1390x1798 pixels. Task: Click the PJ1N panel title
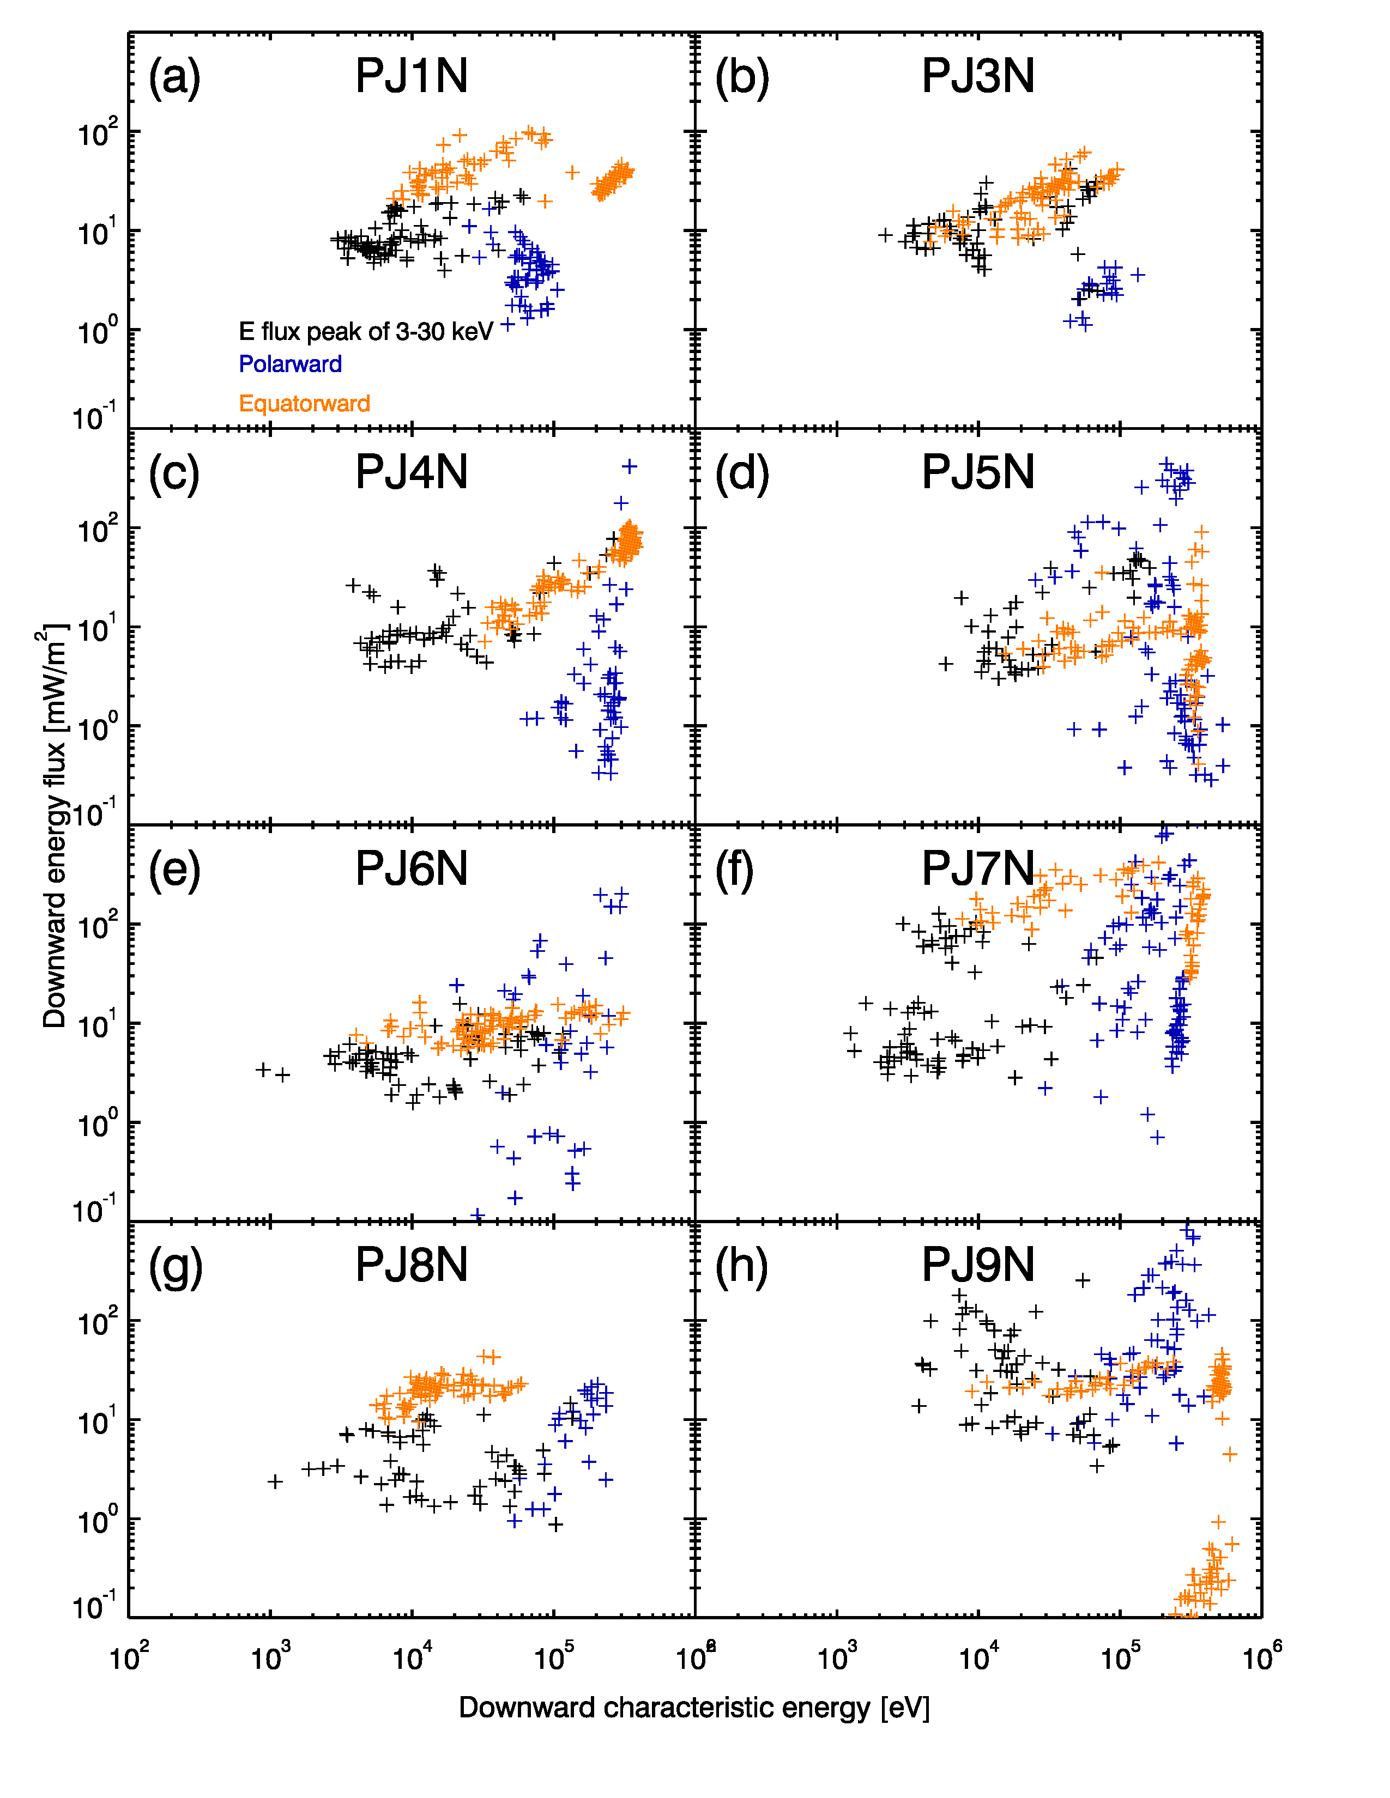click(411, 77)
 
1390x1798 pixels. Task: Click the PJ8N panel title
click(411, 1265)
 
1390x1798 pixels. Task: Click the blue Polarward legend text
click(290, 364)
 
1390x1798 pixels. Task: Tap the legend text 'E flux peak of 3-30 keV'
click(366, 332)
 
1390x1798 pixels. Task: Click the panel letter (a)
click(174, 78)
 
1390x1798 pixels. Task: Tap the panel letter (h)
click(741, 1266)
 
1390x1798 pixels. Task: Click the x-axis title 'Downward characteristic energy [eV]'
click(693, 1708)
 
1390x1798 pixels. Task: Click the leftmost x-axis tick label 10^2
click(129, 1656)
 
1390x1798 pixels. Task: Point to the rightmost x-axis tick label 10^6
click(1261, 1656)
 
